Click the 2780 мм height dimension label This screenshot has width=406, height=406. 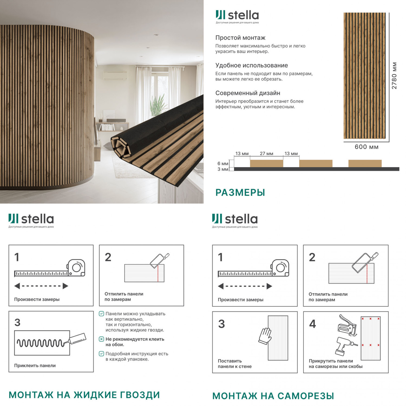point(394,76)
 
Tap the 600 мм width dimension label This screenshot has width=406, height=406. point(366,147)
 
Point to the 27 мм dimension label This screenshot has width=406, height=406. point(266,153)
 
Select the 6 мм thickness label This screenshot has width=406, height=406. point(223,163)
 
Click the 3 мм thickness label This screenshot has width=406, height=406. point(223,169)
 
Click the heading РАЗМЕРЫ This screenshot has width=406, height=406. point(240,192)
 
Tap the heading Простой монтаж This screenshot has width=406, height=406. point(240,38)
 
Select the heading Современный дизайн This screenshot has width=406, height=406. point(248,93)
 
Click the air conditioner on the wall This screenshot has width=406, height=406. point(115,76)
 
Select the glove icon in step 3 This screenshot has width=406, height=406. point(265,336)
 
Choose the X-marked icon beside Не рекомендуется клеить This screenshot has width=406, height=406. point(101,339)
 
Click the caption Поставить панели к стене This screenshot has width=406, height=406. point(235,364)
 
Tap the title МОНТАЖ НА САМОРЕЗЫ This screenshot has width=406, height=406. point(273,396)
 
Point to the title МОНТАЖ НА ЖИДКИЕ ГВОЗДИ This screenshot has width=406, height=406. point(84,395)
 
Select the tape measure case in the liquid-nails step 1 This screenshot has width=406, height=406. point(76,268)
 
